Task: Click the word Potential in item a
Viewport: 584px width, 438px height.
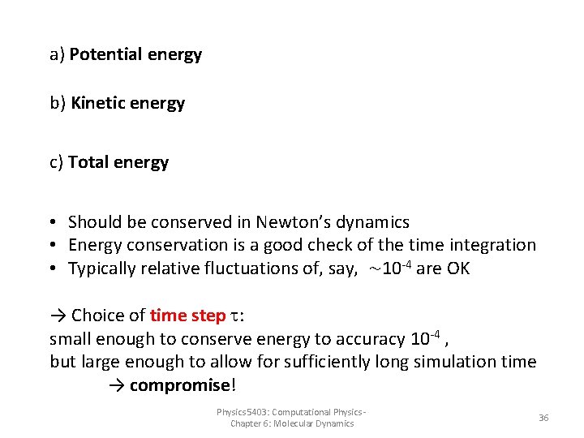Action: (106, 55)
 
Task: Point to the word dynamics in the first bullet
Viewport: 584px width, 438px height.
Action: (376, 222)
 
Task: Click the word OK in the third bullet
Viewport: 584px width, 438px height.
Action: (457, 268)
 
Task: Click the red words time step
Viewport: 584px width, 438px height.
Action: (187, 316)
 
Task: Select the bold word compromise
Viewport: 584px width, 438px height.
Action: (180, 384)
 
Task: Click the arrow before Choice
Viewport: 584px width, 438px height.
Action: (58, 316)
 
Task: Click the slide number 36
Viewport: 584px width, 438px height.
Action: (543, 418)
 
